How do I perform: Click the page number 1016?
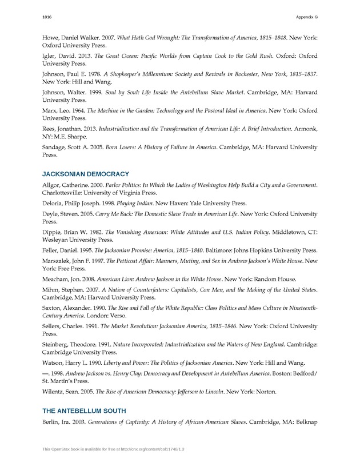pyautogui.click(x=47, y=18)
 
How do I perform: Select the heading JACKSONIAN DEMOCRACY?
pyautogui.click(x=86, y=173)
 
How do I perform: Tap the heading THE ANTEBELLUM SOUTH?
pyautogui.click(x=84, y=411)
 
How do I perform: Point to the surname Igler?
pyautogui.click(x=51, y=56)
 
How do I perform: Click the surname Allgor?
pyautogui.click(x=53, y=185)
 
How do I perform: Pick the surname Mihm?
pyautogui.click(x=53, y=290)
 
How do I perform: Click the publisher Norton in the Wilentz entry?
pyautogui.click(x=265, y=392)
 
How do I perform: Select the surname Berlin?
pyautogui.click(x=53, y=423)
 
